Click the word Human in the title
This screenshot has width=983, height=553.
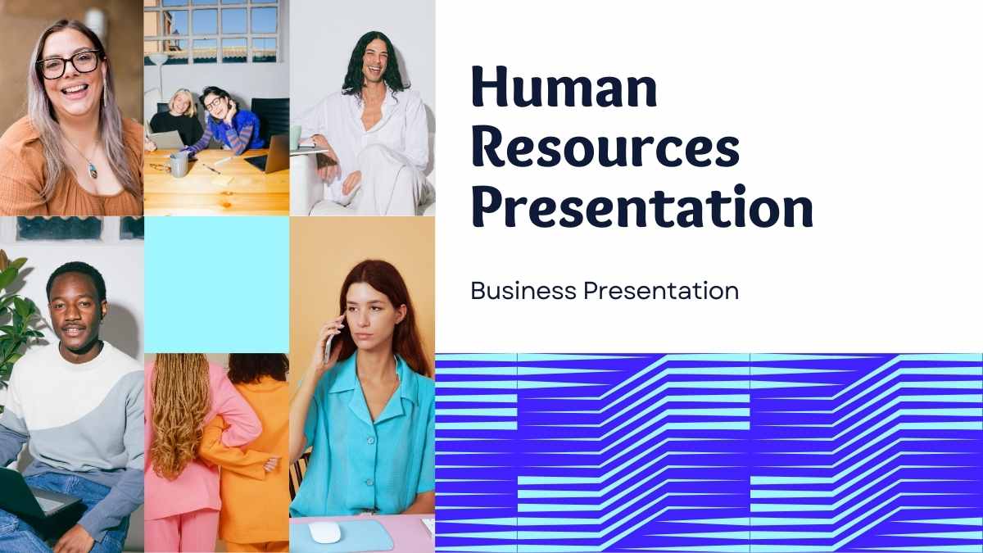[564, 87]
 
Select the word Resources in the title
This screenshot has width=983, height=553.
[605, 147]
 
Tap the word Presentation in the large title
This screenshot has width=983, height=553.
[642, 206]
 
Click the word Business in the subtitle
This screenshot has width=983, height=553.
[523, 291]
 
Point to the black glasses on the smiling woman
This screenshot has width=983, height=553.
[69, 65]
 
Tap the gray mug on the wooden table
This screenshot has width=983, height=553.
[179, 164]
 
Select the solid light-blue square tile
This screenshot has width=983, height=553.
[217, 284]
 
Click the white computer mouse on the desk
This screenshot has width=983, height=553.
[324, 533]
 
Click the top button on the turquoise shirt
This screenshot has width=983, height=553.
[371, 439]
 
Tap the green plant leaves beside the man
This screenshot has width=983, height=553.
[16, 316]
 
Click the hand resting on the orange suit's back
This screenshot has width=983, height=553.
[272, 465]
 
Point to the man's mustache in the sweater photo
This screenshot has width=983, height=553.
[73, 328]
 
